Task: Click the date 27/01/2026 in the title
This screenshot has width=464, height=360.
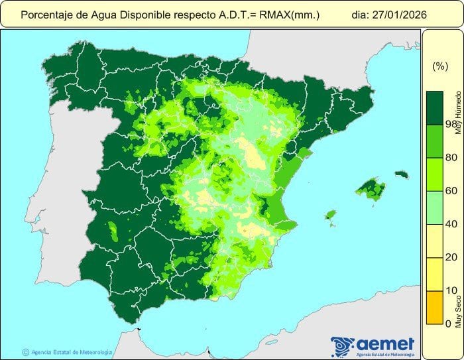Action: pos(398,13)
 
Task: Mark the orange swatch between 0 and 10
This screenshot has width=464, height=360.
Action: pos(435,307)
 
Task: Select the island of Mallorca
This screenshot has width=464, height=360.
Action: pos(371,191)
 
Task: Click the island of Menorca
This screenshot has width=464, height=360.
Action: pos(402,175)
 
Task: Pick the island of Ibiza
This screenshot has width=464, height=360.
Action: pos(330,214)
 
